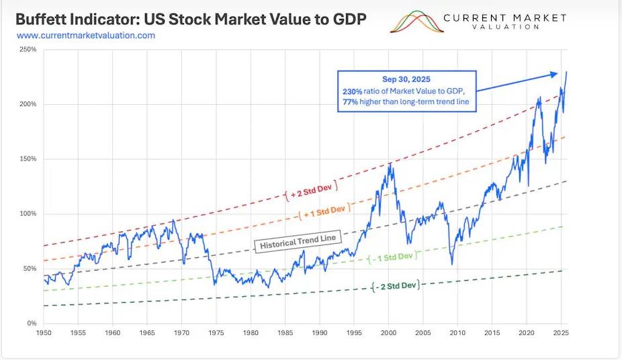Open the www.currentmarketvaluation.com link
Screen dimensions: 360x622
click(x=85, y=35)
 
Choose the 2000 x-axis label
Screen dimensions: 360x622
click(x=389, y=332)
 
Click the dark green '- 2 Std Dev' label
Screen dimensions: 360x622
click(x=396, y=285)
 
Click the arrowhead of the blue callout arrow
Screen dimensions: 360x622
click(x=555, y=74)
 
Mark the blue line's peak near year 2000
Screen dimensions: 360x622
click(x=390, y=163)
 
